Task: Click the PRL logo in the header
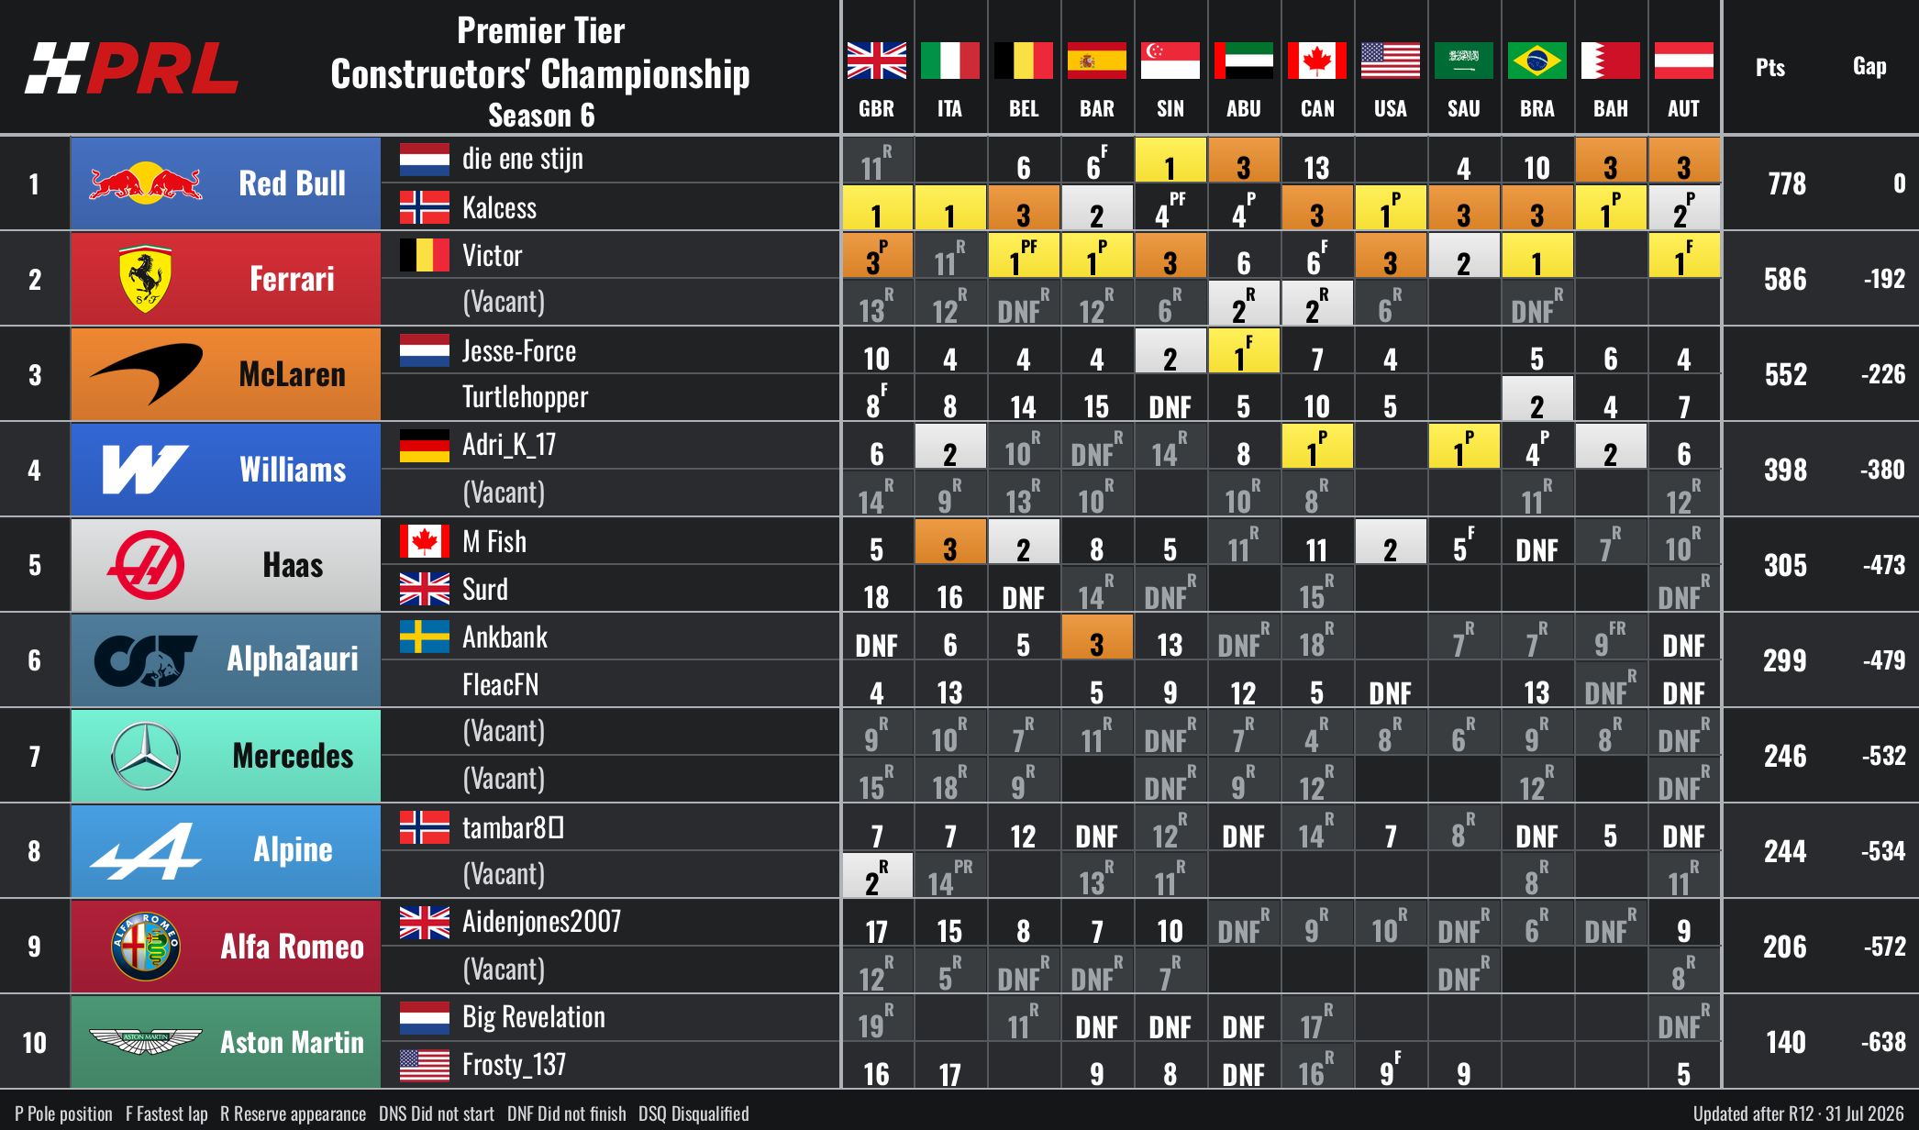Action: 132,68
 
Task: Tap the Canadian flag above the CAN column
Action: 1316,61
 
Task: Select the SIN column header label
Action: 1170,108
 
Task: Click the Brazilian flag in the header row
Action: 1536,61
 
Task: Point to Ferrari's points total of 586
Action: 1785,279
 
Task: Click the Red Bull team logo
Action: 146,183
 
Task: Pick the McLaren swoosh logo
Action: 146,373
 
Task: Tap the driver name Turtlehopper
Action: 525,397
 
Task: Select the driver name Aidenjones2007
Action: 541,921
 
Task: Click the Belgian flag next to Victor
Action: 424,255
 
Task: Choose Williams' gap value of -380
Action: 1883,470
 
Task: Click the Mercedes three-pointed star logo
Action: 146,756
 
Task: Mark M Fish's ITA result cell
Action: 949,541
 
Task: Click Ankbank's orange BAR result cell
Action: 1096,637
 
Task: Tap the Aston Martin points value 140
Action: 1785,1042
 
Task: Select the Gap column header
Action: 1869,66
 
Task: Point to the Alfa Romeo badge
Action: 146,947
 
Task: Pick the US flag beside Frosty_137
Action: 424,1065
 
